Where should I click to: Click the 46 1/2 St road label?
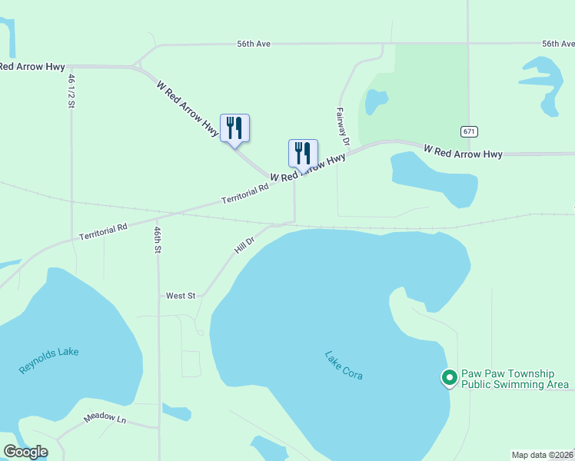[x=70, y=91]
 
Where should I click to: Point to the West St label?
[x=181, y=295]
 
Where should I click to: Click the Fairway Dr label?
[x=343, y=127]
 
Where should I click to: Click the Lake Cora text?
[x=343, y=365]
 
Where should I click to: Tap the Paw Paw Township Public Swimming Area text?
[x=514, y=379]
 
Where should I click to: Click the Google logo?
[x=25, y=452]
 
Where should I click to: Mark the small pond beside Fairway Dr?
[x=376, y=101]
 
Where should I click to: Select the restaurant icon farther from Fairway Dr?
[x=234, y=128]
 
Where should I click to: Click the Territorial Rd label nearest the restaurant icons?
[x=246, y=193]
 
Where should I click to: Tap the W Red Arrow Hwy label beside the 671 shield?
[x=463, y=152]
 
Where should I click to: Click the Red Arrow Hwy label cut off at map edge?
[x=32, y=67]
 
